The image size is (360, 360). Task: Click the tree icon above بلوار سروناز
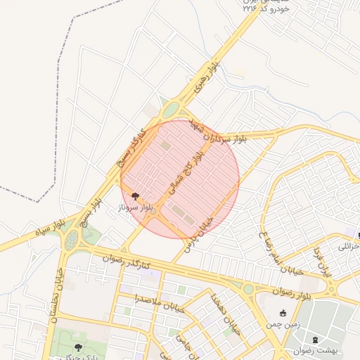pos(135,198)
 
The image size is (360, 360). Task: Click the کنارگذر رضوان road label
pos(125,261)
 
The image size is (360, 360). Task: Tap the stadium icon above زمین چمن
pos(283,314)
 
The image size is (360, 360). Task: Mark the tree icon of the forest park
pos(79,347)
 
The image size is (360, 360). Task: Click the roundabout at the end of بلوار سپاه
pos(72,242)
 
